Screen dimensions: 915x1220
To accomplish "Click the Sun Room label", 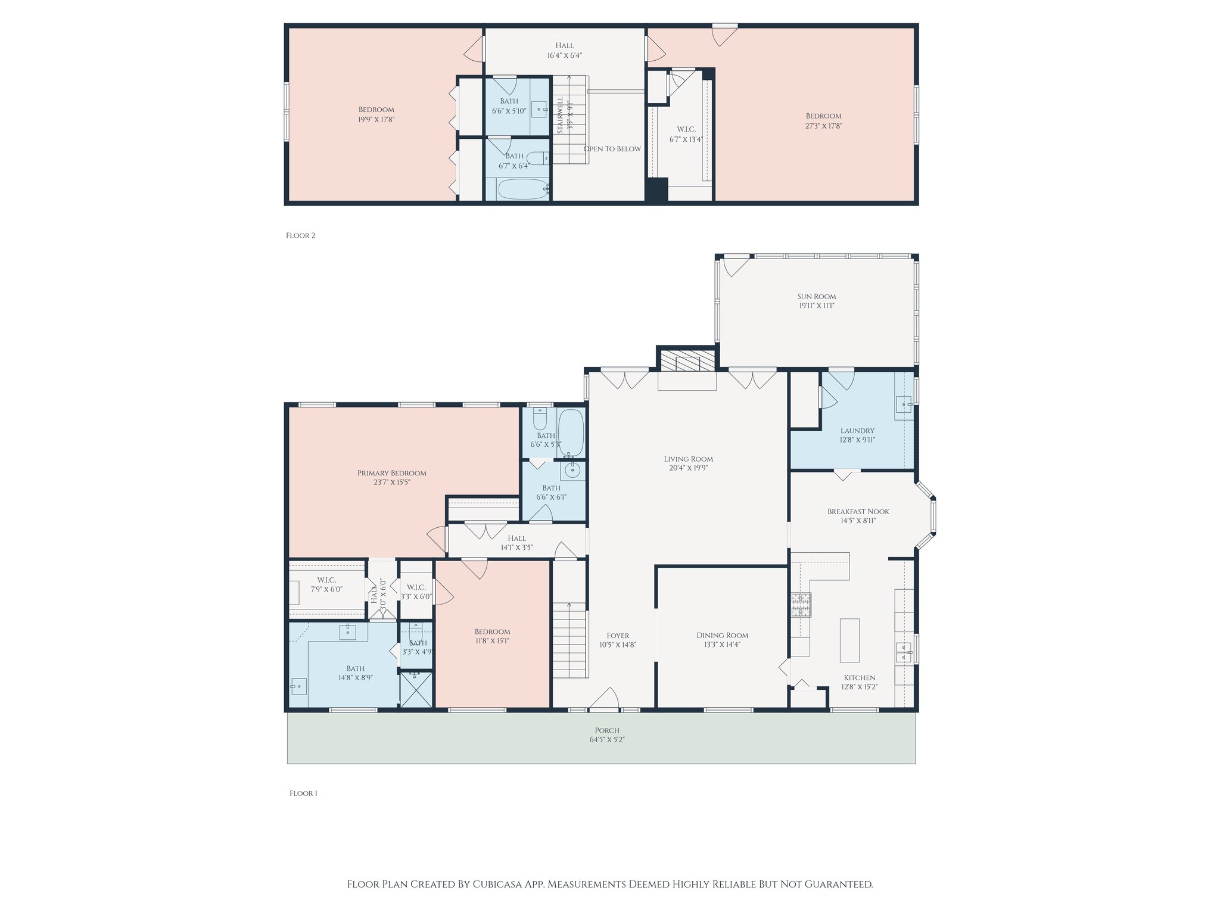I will click(816, 296).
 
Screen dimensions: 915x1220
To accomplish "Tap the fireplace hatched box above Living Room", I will click(687, 360).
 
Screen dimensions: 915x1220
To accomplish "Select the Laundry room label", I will click(857, 431).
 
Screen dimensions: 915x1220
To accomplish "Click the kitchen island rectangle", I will click(849, 640).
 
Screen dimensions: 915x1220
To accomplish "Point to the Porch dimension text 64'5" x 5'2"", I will click(606, 740).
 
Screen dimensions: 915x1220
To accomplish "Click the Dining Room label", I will click(722, 635).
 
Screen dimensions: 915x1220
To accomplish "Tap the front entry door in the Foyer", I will click(605, 701).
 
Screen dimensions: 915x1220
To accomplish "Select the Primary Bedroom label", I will click(391, 473).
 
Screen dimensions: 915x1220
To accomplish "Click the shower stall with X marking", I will click(416, 690).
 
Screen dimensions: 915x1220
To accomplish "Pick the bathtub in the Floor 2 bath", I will click(522, 189).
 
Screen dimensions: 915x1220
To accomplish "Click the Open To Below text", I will click(612, 149).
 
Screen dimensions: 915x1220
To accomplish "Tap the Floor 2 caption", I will click(300, 235).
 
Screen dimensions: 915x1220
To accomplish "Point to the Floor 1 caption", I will click(303, 793).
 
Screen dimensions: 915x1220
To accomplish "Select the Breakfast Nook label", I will click(858, 511).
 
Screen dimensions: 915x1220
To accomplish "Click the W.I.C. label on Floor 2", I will click(686, 129).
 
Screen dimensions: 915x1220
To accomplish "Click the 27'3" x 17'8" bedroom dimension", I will click(823, 126).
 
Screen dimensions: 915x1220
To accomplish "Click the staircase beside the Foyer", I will click(569, 640).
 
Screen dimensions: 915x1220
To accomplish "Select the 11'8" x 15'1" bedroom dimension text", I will click(492, 641).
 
